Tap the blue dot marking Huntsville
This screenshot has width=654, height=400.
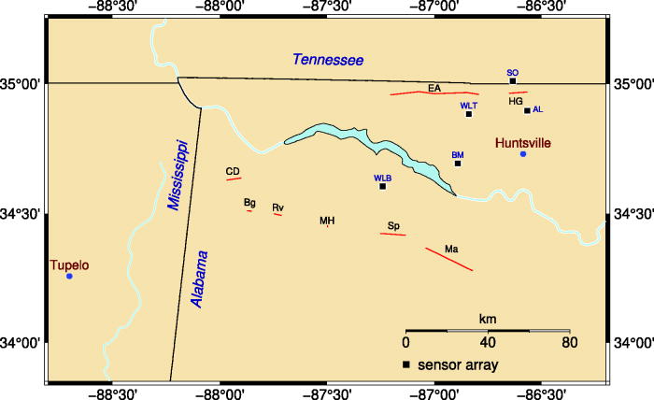523,153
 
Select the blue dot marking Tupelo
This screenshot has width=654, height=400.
69,276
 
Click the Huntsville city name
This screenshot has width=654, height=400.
522,142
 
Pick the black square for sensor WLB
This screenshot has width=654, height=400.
382,186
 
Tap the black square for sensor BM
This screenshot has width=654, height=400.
458,164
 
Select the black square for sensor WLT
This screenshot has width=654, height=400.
469,114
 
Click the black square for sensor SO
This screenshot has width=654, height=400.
513,81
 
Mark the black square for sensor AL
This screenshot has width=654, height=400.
527,110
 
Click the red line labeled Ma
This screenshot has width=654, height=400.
449,259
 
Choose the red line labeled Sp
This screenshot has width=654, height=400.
393,234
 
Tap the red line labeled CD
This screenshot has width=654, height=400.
234,179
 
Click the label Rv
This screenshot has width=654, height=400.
277,207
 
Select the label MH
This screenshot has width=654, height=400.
327,221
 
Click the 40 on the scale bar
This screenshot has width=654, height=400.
488,342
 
